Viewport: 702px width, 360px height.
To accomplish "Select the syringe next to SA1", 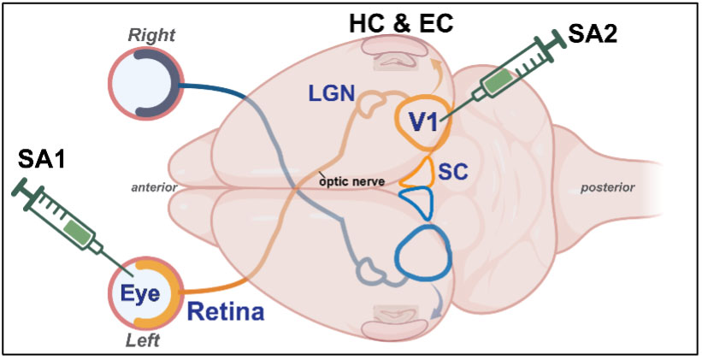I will coord(64,218).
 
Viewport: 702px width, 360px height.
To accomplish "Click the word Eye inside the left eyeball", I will coord(139,292).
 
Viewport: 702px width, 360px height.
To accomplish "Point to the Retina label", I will coord(226,312).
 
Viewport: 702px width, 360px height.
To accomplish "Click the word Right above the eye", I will coord(150,35).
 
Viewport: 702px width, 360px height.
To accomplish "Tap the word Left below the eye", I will coord(145,342).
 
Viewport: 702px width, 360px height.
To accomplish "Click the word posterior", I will coord(607,186).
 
